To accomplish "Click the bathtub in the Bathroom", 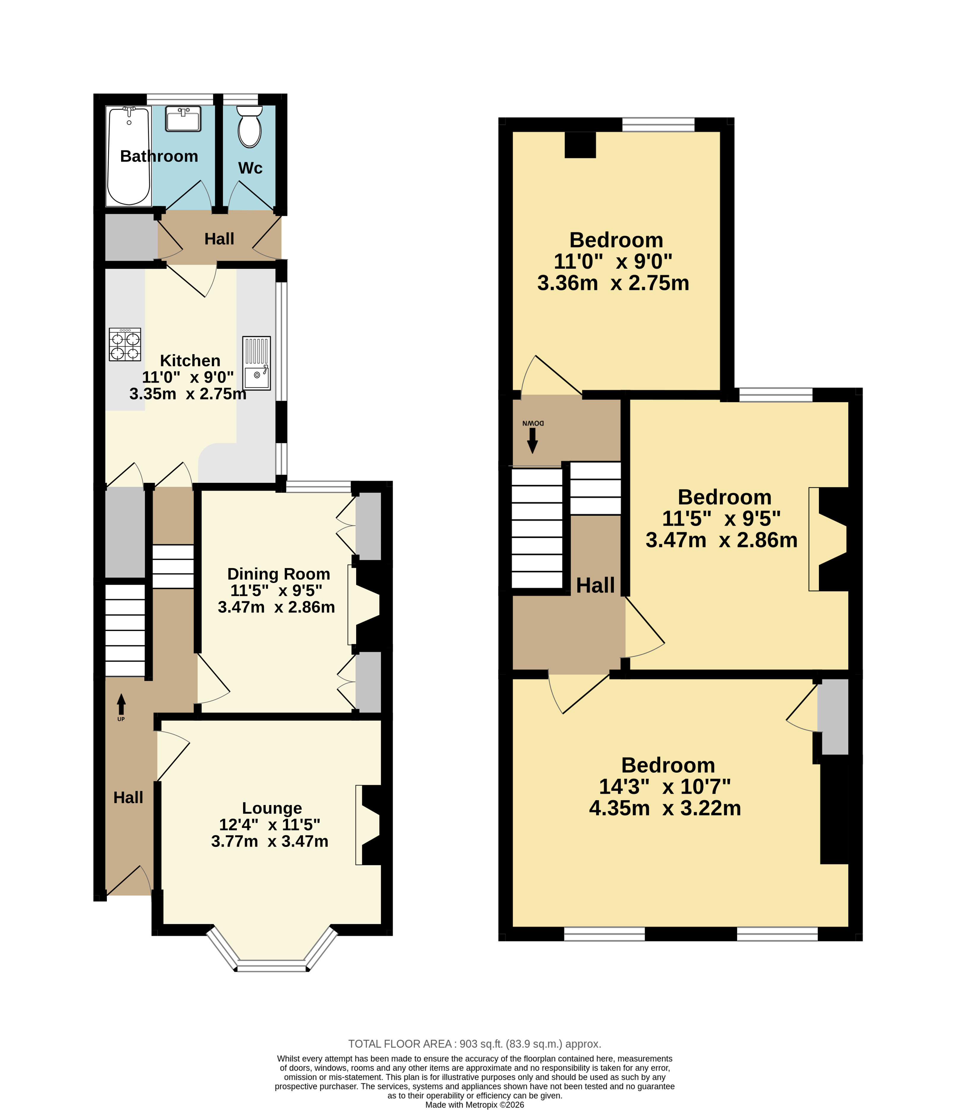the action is (129, 156).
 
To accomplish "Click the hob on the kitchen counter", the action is (125, 344).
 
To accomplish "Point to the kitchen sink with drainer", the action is (256, 363).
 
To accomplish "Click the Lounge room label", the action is (272, 808).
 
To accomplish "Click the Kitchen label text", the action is (190, 360).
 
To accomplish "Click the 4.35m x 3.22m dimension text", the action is (665, 808).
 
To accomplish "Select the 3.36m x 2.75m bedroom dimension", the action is (613, 283).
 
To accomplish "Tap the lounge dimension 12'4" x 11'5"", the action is (270, 824).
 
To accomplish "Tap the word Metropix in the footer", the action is (481, 1105).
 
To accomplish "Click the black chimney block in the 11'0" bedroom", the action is (580, 145).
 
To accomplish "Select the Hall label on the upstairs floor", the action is (595, 585).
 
